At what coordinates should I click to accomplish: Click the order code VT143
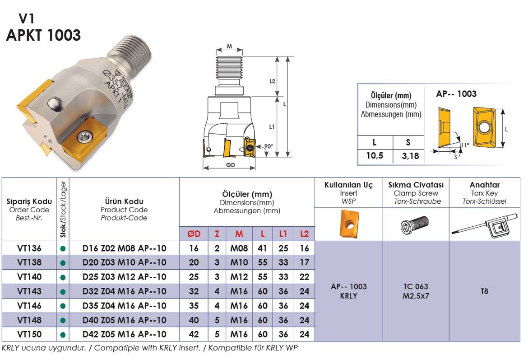(x=29, y=291)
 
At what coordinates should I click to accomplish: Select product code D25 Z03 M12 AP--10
(x=124, y=277)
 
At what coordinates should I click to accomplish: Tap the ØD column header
(x=194, y=234)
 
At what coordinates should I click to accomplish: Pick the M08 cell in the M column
(x=239, y=248)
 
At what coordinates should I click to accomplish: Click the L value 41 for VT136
(x=262, y=248)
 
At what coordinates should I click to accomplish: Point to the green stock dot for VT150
(x=63, y=335)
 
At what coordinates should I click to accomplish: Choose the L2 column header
(x=304, y=234)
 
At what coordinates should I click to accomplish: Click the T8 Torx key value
(x=484, y=291)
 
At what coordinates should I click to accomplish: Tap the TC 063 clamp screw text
(x=416, y=286)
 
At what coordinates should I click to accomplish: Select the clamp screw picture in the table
(x=415, y=224)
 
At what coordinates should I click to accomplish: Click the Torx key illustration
(x=484, y=225)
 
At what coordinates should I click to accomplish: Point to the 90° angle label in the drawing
(x=269, y=146)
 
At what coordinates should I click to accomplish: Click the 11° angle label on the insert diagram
(x=465, y=145)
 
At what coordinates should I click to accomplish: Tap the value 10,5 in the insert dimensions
(x=375, y=155)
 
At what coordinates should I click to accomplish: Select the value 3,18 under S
(x=411, y=156)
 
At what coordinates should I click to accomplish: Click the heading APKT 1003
(x=43, y=35)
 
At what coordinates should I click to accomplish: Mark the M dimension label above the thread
(x=229, y=46)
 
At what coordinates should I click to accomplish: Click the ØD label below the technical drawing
(x=231, y=165)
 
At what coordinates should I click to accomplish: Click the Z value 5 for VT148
(x=217, y=320)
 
